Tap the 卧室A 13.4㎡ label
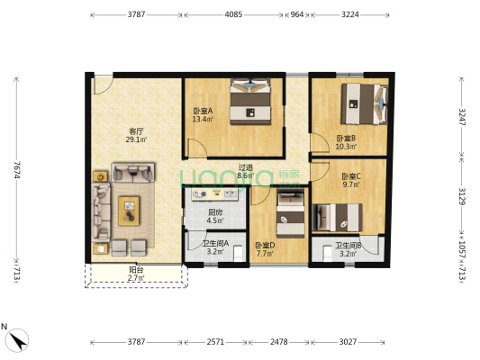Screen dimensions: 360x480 202,114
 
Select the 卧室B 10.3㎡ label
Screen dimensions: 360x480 346,142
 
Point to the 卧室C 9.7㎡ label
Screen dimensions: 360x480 351,180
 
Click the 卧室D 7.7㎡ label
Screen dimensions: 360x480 265,249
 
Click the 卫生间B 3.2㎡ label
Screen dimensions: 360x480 349,250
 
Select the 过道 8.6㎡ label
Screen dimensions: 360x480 244,171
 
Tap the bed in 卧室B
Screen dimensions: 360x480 364,103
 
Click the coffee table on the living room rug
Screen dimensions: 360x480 131,209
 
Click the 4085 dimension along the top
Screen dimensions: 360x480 232,15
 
